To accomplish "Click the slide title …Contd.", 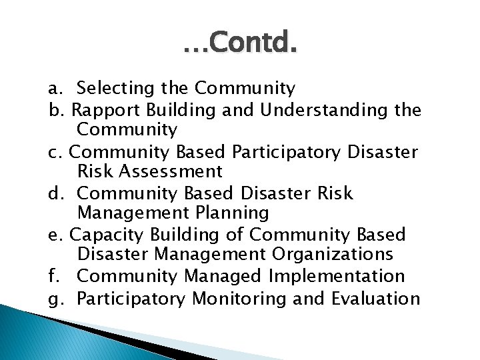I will (x=239, y=45).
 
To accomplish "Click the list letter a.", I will (x=54, y=89).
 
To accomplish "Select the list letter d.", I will (x=54, y=193).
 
